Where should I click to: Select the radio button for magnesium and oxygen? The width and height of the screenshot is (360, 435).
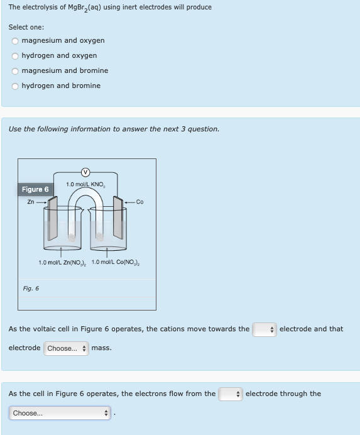(x=15, y=41)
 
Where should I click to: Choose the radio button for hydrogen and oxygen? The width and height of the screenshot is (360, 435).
(x=15, y=56)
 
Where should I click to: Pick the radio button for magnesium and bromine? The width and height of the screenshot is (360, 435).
(x=15, y=71)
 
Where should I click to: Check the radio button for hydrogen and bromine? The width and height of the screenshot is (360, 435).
(x=15, y=86)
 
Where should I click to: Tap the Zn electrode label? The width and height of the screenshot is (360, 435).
(x=31, y=202)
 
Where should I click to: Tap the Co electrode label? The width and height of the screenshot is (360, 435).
(x=139, y=202)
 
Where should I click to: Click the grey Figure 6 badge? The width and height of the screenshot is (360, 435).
(x=35, y=189)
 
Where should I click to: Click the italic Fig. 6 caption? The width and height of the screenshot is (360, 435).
(x=31, y=289)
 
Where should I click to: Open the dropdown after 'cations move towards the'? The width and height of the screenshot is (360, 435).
(x=264, y=329)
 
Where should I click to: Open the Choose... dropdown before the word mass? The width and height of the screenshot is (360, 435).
(x=65, y=348)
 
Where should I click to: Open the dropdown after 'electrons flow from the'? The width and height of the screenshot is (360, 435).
(x=230, y=394)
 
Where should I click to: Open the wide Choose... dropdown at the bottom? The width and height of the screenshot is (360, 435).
(x=60, y=414)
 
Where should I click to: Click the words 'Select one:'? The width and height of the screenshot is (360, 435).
(x=26, y=27)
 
